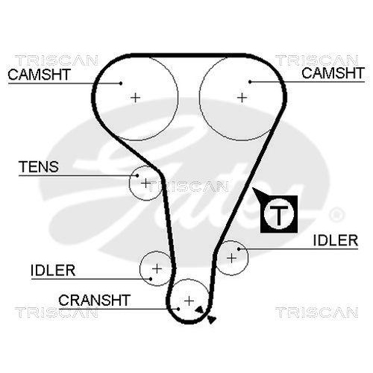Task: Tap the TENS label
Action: pyautogui.click(x=39, y=167)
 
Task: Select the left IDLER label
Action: pyautogui.click(x=53, y=269)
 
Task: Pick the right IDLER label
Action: pyautogui.click(x=335, y=239)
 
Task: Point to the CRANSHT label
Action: pyautogui.click(x=95, y=300)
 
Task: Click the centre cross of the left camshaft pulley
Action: pyautogui.click(x=135, y=96)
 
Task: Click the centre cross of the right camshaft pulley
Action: pyautogui.click(x=242, y=96)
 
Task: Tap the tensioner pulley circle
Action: pyautogui.click(x=145, y=183)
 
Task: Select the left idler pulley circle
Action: pyautogui.click(x=156, y=268)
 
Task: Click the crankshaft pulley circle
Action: pyautogui.click(x=189, y=300)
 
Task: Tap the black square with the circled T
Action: pyautogui.click(x=278, y=214)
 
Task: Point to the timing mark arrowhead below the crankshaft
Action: pyautogui.click(x=212, y=319)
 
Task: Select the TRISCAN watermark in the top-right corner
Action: pyautogui.click(x=322, y=60)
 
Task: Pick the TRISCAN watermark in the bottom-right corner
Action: pyautogui.click(x=322, y=312)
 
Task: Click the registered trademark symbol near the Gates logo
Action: pyautogui.click(x=336, y=215)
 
